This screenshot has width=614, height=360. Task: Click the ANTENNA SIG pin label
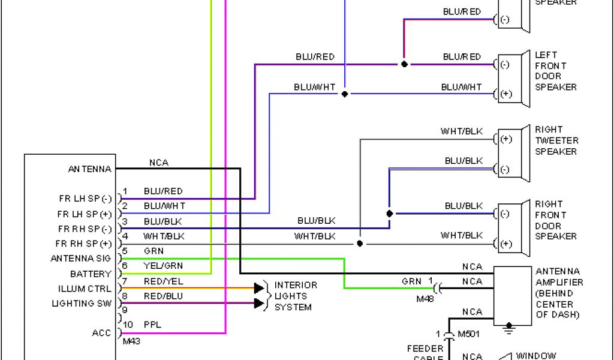(x=82, y=259)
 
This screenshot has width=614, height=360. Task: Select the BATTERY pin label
(x=91, y=274)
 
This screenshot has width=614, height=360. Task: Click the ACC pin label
(x=102, y=333)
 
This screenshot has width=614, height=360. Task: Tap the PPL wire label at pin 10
(x=153, y=325)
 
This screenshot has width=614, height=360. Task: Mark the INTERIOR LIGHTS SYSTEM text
(x=296, y=296)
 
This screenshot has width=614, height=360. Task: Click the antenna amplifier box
(x=512, y=296)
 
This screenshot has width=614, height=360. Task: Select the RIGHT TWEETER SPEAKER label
(x=556, y=140)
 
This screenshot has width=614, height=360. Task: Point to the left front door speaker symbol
(x=514, y=79)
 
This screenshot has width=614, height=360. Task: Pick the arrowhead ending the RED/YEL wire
(x=259, y=288)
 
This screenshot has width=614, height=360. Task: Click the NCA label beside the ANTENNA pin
(x=159, y=163)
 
